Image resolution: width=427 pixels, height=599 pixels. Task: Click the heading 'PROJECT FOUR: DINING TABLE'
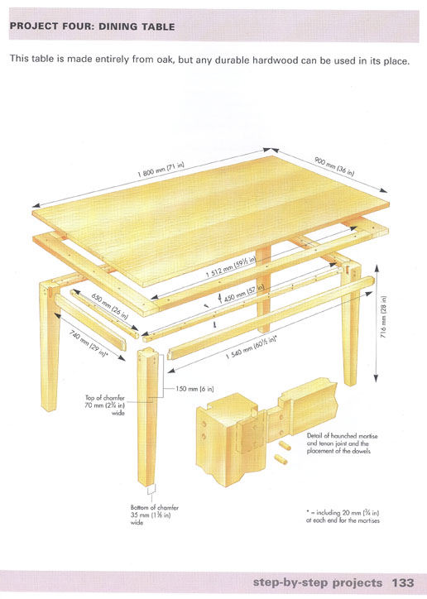pyautogui.click(x=93, y=26)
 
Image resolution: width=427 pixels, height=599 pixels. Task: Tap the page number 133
pyautogui.click(x=402, y=582)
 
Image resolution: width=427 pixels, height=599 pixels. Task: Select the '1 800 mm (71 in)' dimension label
pyautogui.click(x=161, y=170)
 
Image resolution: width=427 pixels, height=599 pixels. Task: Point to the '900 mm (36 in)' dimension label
pyautogui.click(x=334, y=166)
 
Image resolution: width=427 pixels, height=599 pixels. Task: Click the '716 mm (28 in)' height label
pyautogui.click(x=384, y=317)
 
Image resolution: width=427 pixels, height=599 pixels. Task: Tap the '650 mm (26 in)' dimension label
pyautogui.click(x=109, y=306)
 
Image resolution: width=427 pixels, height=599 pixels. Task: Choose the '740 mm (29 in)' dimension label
pyautogui.click(x=89, y=343)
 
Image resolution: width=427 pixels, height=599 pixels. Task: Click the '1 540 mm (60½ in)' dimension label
pyautogui.click(x=251, y=347)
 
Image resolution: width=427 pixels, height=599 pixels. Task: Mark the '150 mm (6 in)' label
pyautogui.click(x=194, y=389)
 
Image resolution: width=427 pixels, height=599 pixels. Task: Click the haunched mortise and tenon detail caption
pyautogui.click(x=342, y=443)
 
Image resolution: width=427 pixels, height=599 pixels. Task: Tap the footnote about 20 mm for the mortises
pyautogui.click(x=343, y=516)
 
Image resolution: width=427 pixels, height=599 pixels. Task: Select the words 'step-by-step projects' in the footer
pyautogui.click(x=318, y=583)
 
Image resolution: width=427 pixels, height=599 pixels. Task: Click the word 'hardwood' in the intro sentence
pyautogui.click(x=275, y=60)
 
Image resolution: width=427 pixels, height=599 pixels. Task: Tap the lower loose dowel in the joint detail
pyautogui.click(x=281, y=459)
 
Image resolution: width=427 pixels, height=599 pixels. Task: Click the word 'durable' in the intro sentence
pyautogui.click(x=232, y=60)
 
